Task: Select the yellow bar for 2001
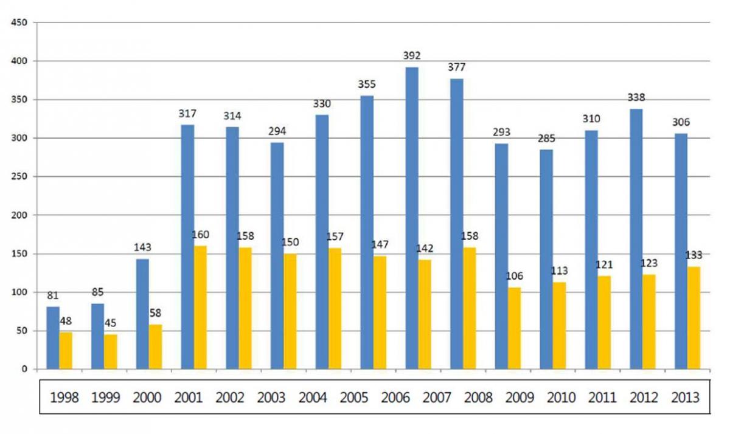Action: (200, 308)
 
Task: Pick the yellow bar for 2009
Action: (514, 328)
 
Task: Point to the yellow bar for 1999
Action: (110, 351)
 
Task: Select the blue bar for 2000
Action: (142, 314)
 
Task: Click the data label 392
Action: (412, 56)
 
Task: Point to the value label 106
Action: (515, 277)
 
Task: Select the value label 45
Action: (111, 323)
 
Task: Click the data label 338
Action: (636, 97)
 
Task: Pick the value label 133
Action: (694, 255)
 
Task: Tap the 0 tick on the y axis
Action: (24, 369)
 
